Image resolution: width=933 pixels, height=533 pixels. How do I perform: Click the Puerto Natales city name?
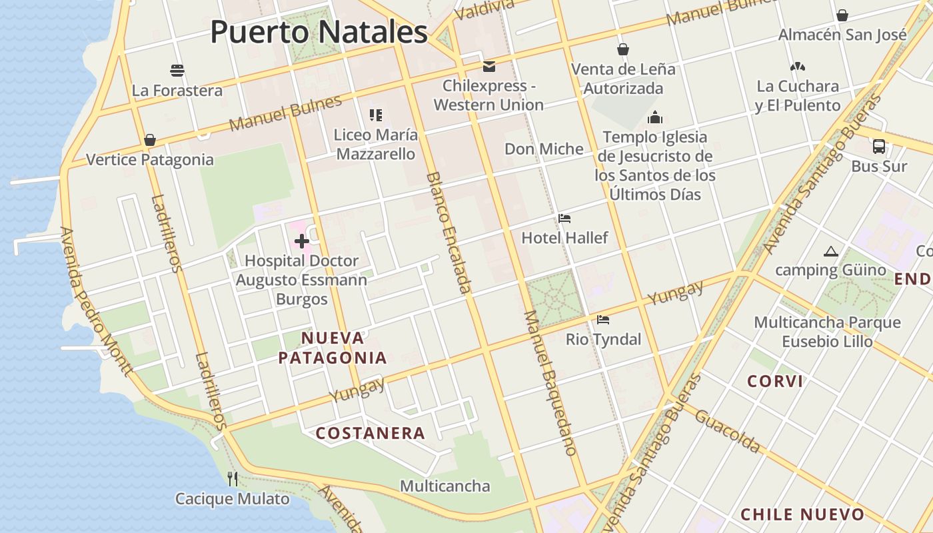click(319, 32)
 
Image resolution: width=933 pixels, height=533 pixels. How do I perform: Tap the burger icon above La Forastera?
click(177, 71)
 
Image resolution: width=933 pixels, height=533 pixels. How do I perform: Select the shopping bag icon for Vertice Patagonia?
click(150, 140)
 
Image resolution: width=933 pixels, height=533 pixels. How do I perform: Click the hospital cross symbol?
click(301, 241)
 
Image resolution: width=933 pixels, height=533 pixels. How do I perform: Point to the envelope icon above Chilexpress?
click(489, 66)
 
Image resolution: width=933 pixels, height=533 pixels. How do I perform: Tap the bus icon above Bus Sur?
click(879, 147)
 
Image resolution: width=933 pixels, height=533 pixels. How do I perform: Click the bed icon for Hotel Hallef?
click(564, 219)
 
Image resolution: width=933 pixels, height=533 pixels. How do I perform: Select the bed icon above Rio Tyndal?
click(603, 320)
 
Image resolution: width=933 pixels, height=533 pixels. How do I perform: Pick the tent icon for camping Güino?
click(830, 251)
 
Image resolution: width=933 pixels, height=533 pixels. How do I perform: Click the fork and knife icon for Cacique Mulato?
click(233, 478)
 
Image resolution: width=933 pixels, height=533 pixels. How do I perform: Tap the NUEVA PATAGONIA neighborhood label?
click(333, 348)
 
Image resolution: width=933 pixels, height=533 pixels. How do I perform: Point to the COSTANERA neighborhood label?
click(371, 433)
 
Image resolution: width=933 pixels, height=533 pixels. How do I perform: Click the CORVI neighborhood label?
click(775, 382)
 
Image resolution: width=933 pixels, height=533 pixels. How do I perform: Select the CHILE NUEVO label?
click(802, 514)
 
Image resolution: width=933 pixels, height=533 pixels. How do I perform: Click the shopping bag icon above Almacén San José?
click(842, 15)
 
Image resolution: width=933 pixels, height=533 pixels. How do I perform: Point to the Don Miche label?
click(544, 149)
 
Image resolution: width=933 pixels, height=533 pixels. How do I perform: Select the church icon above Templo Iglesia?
click(655, 118)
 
